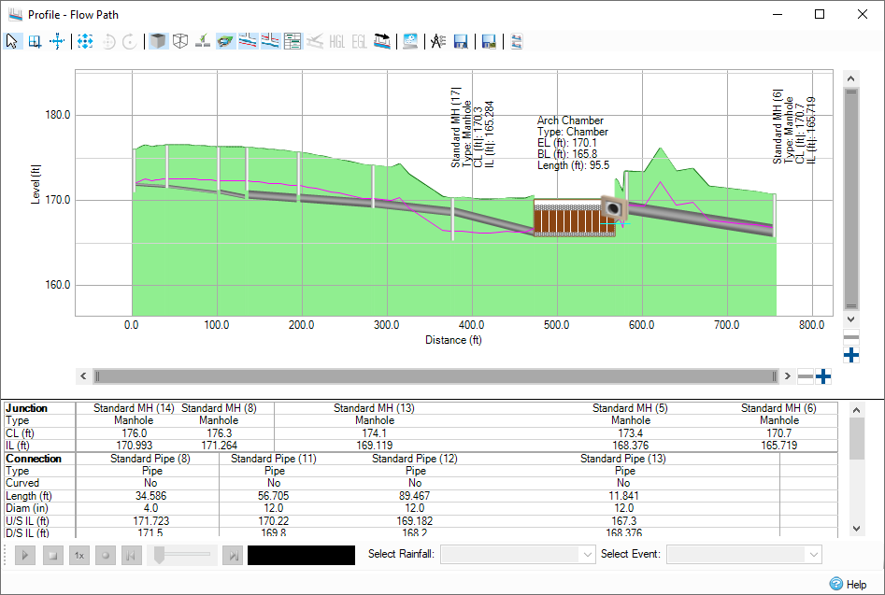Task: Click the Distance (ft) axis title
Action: [445, 340]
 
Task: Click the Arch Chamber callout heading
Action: [570, 120]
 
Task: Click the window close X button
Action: [862, 14]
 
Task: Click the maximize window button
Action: [820, 14]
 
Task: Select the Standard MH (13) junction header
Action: [374, 408]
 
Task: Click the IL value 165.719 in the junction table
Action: [778, 446]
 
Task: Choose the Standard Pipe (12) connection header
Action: [415, 459]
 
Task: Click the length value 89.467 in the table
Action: [415, 495]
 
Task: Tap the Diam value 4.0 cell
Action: [150, 507]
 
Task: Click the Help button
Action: [848, 584]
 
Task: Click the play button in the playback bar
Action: [26, 555]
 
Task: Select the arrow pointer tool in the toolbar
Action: [12, 41]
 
